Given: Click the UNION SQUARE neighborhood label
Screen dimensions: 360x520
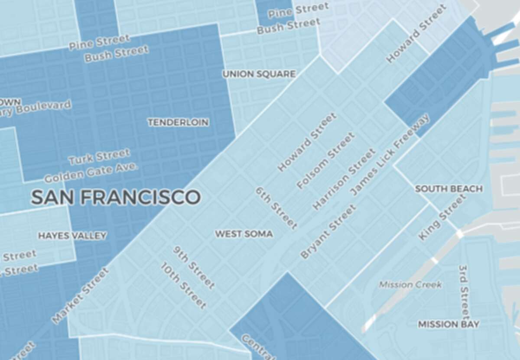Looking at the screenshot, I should pyautogui.click(x=259, y=74).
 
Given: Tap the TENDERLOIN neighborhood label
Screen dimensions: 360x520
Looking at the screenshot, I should pyautogui.click(x=178, y=123).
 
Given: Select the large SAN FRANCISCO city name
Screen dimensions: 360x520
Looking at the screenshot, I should pyautogui.click(x=115, y=198).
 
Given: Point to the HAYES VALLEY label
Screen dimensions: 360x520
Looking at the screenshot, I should pyautogui.click(x=72, y=236).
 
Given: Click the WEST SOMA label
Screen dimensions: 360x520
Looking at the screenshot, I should pyautogui.click(x=244, y=234).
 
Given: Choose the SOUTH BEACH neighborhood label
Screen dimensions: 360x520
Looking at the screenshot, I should pyautogui.click(x=448, y=189).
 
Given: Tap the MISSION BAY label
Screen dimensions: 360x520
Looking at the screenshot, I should pyautogui.click(x=448, y=324).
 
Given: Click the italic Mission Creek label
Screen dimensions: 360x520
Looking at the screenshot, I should pyautogui.click(x=410, y=285).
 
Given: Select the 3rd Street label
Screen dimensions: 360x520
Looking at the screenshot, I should pyautogui.click(x=464, y=291).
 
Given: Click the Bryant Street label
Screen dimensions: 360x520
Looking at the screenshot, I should pyautogui.click(x=328, y=232).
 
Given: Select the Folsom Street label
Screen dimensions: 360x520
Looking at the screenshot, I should pyautogui.click(x=326, y=161).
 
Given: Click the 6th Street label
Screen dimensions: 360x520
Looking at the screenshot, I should pyautogui.click(x=276, y=208).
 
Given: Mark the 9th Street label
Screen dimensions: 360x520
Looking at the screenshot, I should pyautogui.click(x=194, y=268).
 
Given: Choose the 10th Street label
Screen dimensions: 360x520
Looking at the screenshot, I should pyautogui.click(x=183, y=285).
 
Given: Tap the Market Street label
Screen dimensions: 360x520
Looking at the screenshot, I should pyautogui.click(x=81, y=296).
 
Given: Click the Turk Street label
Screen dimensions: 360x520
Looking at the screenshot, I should pyautogui.click(x=99, y=157).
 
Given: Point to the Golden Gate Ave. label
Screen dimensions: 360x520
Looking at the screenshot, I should pyautogui.click(x=91, y=172).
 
